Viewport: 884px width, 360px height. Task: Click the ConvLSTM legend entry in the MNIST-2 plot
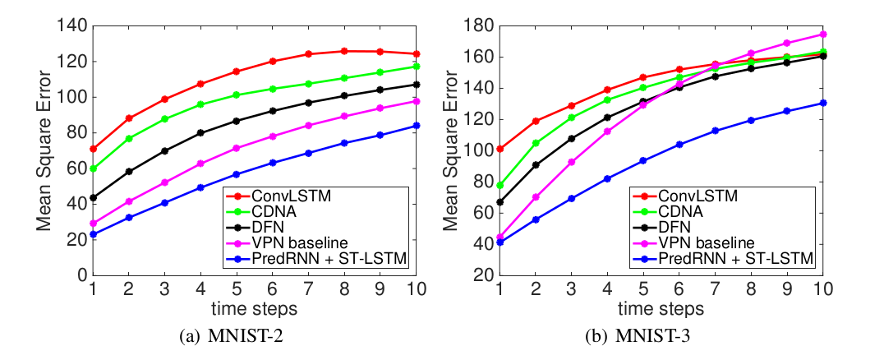[272, 196]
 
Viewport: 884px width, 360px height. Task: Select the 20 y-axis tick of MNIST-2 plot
[79, 239]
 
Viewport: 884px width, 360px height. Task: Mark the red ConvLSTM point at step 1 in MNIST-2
[94, 149]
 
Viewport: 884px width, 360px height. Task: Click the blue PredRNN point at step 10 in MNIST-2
[417, 126]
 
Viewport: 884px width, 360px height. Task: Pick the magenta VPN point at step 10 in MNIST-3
[823, 35]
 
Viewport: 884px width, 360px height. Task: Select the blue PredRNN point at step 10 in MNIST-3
[823, 103]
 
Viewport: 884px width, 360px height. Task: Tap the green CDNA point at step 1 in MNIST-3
[500, 185]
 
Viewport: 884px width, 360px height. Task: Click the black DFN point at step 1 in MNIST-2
[94, 198]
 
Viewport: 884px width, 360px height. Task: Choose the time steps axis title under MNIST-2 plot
[254, 309]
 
